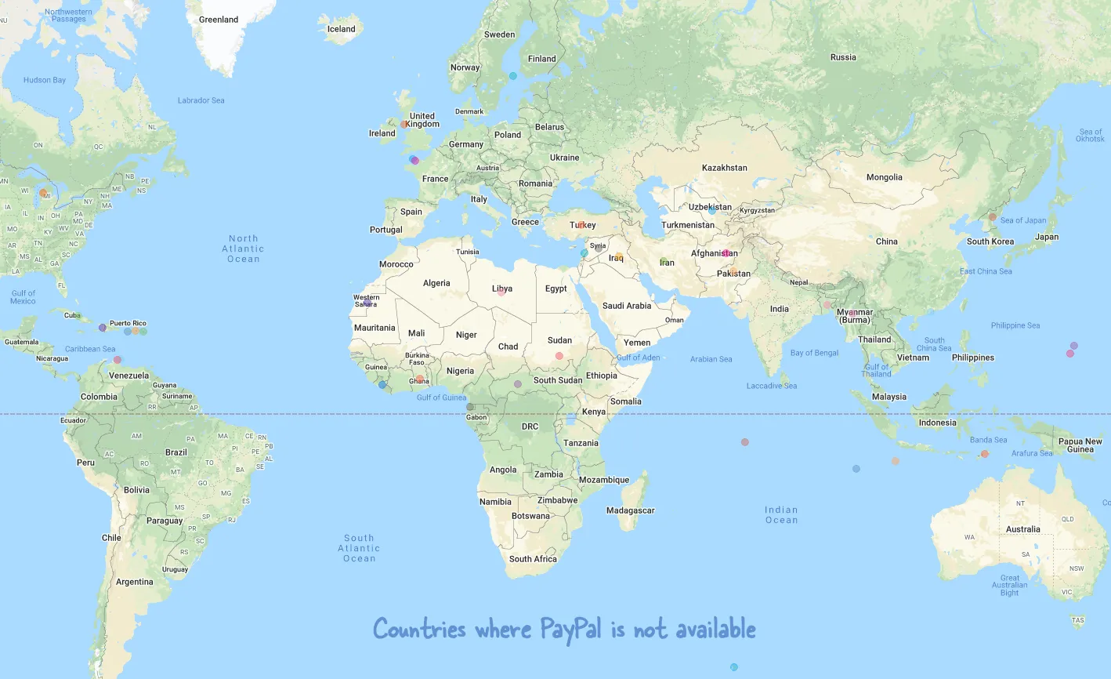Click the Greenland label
219,20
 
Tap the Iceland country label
341,29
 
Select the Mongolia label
884,177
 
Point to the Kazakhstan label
724,168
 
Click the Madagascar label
630,510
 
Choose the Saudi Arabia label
627,306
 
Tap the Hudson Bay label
45,80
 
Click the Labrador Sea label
201,100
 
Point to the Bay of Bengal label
814,353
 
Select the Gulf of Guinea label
441,398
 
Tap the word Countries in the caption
419,629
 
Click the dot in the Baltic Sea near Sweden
513,76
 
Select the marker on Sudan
559,356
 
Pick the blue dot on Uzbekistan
712,211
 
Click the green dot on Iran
664,261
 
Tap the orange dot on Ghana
420,379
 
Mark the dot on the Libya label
501,292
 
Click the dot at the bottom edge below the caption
734,667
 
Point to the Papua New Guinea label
1080,445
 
